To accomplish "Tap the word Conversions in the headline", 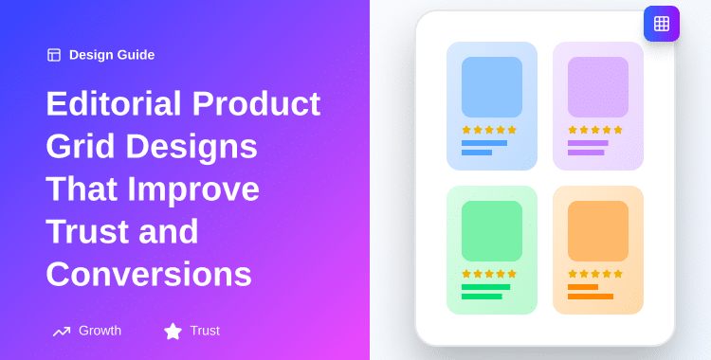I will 149,274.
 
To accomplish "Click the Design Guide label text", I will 112,55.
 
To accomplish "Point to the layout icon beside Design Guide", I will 54,55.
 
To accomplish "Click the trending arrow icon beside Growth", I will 62,331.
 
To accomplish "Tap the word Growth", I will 100,331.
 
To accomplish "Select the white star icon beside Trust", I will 173,331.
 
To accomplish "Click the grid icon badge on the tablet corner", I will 662,24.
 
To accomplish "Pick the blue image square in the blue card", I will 492,87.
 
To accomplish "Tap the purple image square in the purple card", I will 598,87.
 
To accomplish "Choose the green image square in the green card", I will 492,231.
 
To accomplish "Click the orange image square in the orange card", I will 598,231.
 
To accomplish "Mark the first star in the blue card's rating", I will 466,130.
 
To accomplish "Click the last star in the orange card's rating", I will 618,274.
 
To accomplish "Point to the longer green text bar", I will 485,287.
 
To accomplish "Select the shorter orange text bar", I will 583,287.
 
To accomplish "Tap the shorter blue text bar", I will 477,153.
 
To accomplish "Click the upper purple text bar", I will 588,143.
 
